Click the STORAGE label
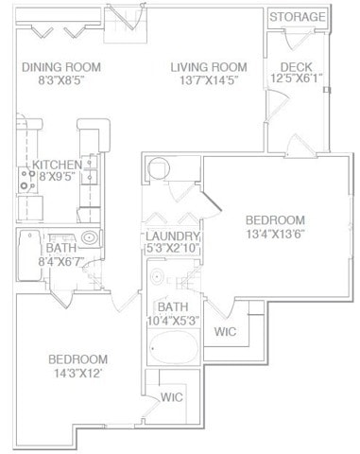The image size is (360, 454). tap(299, 17)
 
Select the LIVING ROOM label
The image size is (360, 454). tap(209, 67)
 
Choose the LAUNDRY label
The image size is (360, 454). tap(172, 236)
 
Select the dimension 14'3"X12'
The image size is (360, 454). tap(77, 373)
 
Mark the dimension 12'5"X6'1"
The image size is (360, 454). tap(299, 79)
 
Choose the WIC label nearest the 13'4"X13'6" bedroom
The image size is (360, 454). tap(226, 332)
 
